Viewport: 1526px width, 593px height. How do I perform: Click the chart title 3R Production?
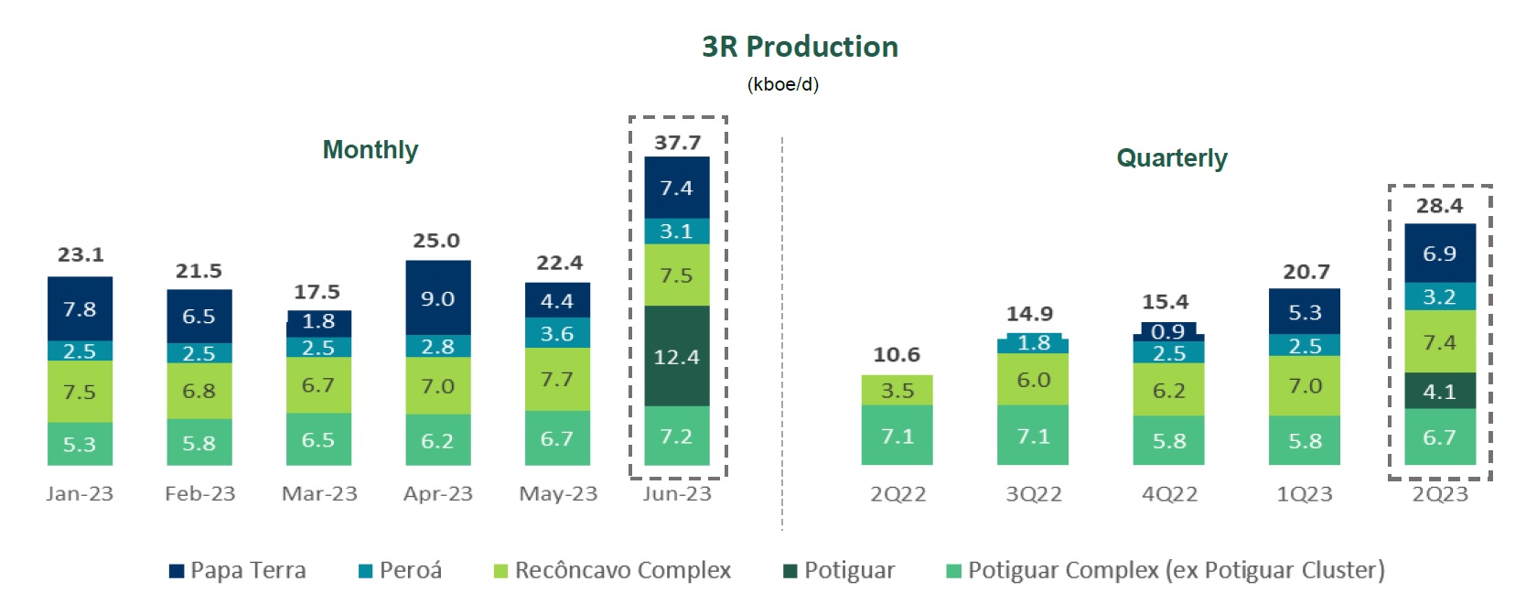(800, 47)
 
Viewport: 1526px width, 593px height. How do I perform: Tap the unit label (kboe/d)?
(782, 85)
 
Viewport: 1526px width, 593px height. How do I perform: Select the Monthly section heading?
(371, 149)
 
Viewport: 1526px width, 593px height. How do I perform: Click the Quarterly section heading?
(1171, 157)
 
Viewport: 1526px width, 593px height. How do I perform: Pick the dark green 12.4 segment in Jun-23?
(676, 356)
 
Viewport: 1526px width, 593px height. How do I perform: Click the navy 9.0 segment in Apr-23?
(437, 298)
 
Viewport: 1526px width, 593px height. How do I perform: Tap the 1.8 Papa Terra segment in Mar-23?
(318, 322)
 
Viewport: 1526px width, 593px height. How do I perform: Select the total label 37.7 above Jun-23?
(677, 143)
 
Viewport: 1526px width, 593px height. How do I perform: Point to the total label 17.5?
(317, 292)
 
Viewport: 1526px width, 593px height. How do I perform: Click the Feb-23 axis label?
(199, 494)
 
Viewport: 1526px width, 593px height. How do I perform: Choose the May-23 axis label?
(557, 494)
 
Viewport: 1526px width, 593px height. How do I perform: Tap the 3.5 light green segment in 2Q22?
(897, 390)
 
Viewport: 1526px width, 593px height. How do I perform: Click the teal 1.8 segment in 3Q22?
(1033, 344)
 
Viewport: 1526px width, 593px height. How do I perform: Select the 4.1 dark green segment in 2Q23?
(1439, 391)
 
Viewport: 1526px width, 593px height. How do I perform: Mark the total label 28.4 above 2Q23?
(1439, 206)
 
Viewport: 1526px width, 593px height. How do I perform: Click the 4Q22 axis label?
(1169, 494)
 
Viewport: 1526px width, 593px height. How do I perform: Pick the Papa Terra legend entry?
(238, 571)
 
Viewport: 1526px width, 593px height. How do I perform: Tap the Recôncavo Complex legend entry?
(612, 571)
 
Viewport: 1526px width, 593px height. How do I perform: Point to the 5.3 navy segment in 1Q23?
(1305, 312)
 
